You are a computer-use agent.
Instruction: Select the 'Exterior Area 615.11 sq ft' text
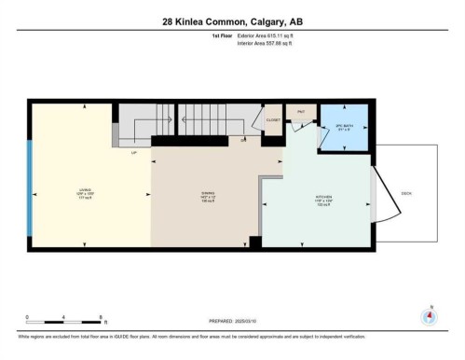coord(273,35)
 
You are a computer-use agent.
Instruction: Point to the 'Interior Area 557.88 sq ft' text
coord(273,43)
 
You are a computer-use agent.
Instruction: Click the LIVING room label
coord(86,194)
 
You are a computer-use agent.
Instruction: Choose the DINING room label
coord(207,197)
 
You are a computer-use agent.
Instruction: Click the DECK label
coord(406,193)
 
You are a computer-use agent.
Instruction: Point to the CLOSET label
coord(273,120)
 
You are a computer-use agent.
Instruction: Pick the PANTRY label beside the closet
coord(301,112)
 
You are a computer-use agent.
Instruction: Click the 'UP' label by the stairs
coord(134,150)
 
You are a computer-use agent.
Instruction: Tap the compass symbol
coord(429,314)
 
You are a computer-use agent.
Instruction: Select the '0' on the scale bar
coord(27,317)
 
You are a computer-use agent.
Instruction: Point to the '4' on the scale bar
coord(63,317)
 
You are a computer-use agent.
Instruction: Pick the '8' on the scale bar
coord(100,317)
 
